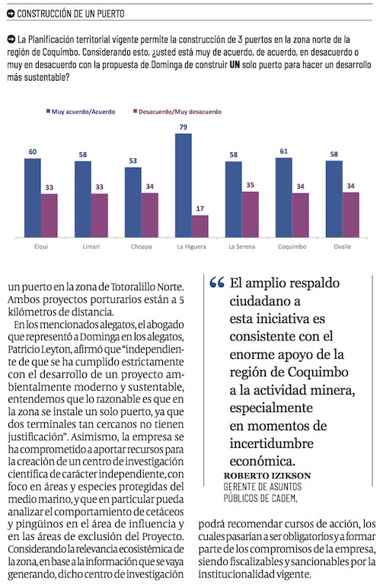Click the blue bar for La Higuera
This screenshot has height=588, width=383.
(x=184, y=185)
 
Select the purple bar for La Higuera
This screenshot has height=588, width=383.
(x=200, y=226)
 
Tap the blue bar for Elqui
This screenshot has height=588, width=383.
(x=33, y=197)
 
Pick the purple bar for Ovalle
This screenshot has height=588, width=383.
(x=351, y=215)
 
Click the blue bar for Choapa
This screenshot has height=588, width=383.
(x=133, y=202)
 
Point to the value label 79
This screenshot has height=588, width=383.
(x=184, y=127)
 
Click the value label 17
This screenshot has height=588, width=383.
(x=200, y=209)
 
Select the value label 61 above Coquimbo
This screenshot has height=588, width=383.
(x=284, y=151)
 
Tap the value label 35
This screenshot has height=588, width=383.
(x=251, y=185)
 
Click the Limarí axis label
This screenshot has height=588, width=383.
(x=91, y=247)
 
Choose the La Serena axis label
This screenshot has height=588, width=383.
(x=241, y=247)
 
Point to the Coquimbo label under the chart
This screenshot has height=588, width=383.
(x=292, y=247)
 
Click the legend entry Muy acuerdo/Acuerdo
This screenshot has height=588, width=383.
(x=81, y=112)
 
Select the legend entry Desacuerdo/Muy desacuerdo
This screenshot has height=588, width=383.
(x=177, y=112)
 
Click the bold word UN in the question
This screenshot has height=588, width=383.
(x=235, y=65)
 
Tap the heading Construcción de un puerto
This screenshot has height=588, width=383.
(x=71, y=14)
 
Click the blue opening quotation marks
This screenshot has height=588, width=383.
(x=217, y=283)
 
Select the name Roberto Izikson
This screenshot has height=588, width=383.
(x=267, y=476)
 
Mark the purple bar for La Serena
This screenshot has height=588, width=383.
(x=251, y=215)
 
